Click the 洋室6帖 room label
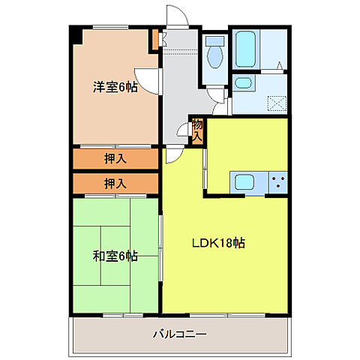point(115,86)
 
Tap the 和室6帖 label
point(115,256)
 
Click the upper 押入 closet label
point(115,158)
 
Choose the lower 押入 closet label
point(115,183)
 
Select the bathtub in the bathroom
point(244,49)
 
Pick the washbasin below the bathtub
point(243,83)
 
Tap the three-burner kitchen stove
point(277,181)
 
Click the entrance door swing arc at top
point(175,17)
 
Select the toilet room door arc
point(217,96)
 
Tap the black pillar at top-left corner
point(74,34)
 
